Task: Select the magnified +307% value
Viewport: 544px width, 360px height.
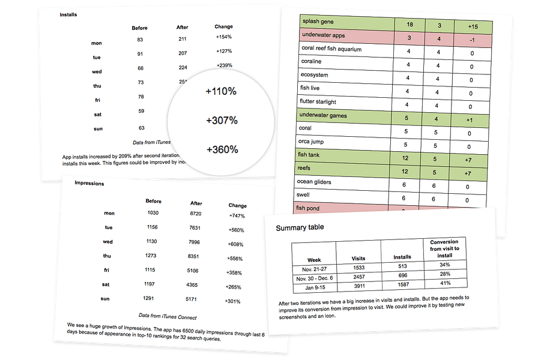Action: click(222, 121)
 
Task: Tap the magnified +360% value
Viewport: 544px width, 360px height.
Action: click(222, 149)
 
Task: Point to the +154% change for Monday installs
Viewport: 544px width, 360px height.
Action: click(224, 37)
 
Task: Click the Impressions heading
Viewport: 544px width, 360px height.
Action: click(89, 183)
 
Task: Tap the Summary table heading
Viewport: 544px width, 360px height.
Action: click(300, 228)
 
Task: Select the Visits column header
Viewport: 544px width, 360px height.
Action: click(358, 259)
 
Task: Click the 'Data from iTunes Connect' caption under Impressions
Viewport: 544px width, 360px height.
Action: click(168, 317)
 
